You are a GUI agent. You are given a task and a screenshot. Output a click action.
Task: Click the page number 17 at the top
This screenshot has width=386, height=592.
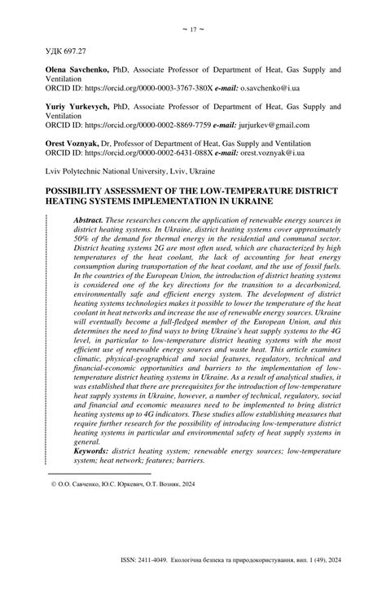point(193,30)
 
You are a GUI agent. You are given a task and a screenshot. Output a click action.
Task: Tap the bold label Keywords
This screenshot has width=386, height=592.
point(90,451)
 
